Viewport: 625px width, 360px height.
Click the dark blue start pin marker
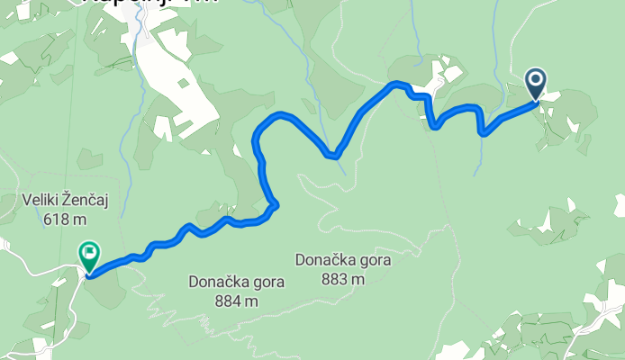[536, 85]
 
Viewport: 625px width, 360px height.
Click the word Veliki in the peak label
[39, 200]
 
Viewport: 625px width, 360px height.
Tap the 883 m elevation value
[344, 279]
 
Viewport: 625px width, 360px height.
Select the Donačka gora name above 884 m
[237, 282]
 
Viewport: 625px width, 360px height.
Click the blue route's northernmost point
[394, 84]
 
